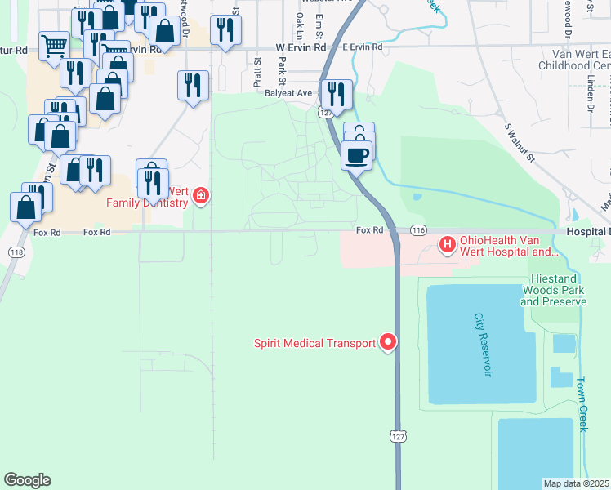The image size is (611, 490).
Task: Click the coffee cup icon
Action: tap(357, 153)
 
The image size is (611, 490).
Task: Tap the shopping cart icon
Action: tap(54, 46)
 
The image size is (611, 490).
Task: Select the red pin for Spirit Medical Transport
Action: tap(389, 343)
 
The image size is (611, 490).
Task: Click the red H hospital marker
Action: tap(448, 243)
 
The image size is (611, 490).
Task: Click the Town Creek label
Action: tap(582, 404)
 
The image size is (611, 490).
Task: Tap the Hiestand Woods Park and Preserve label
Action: tap(553, 291)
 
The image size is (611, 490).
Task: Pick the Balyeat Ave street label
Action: tap(289, 93)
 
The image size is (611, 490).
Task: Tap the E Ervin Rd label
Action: tap(363, 47)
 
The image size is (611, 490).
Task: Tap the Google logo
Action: tap(27, 480)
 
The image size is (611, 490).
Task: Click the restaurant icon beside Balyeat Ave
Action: tap(337, 92)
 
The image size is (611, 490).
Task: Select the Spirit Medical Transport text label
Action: tap(315, 344)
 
